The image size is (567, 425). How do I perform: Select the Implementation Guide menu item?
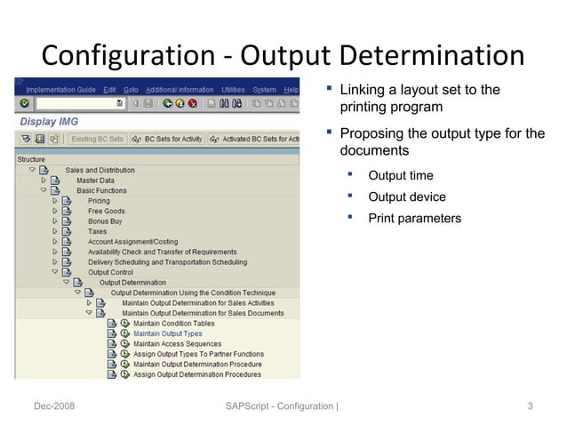point(61,90)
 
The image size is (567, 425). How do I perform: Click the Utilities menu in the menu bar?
point(233,90)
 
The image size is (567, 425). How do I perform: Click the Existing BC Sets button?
point(97,139)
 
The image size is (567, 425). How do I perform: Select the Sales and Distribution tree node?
point(100,170)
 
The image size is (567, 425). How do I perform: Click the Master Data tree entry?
point(95,180)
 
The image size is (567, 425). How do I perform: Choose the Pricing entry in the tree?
point(99,201)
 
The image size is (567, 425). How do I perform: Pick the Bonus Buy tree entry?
point(105,221)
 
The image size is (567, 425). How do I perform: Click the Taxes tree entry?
point(97,232)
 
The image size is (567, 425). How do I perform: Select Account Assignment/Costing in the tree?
point(138,242)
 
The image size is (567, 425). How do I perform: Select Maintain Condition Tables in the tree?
point(173,324)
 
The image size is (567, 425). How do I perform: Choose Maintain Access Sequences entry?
point(177,344)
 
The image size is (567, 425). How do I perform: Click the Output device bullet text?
point(406,197)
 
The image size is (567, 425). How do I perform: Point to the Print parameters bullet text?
point(414,219)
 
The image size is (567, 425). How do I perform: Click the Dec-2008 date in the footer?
point(54,407)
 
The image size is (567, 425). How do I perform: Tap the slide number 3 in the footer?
point(530,407)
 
